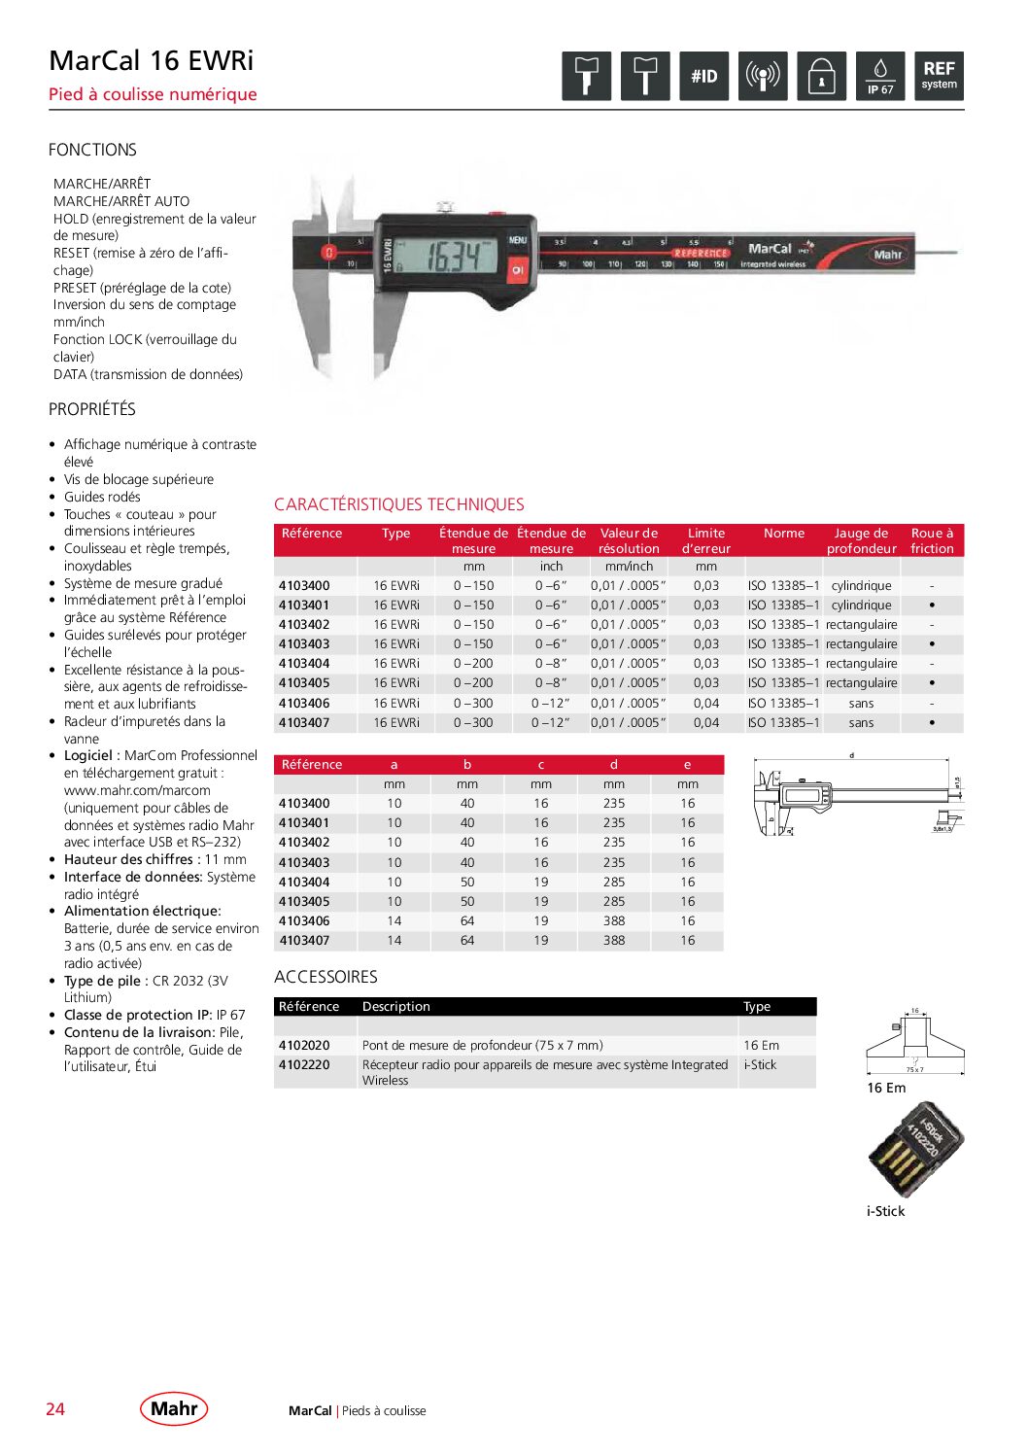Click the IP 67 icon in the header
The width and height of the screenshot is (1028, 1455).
click(880, 76)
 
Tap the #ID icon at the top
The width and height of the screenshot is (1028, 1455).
click(703, 76)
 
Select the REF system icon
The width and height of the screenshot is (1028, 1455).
click(939, 76)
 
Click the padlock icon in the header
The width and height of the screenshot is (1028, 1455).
click(821, 76)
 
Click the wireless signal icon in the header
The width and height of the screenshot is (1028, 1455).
click(763, 76)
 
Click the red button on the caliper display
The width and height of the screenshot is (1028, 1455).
click(517, 269)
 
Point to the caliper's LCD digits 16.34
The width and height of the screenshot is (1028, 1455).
click(453, 257)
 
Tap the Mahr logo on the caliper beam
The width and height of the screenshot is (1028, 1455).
click(887, 255)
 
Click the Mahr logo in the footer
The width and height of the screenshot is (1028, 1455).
click(174, 1408)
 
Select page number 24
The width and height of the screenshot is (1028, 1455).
click(55, 1409)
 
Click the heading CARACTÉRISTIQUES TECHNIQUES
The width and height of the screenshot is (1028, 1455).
click(398, 504)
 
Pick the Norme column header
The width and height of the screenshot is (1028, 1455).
click(783, 534)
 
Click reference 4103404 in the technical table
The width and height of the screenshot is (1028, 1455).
click(304, 664)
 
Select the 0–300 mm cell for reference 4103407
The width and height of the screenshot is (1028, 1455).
click(473, 723)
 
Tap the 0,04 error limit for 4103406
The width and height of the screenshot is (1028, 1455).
click(706, 704)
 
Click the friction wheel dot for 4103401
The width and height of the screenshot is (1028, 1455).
click(932, 606)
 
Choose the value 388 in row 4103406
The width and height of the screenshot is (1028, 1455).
click(614, 921)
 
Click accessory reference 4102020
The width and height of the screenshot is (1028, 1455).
click(304, 1046)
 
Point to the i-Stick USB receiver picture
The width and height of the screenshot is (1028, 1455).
click(914, 1149)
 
